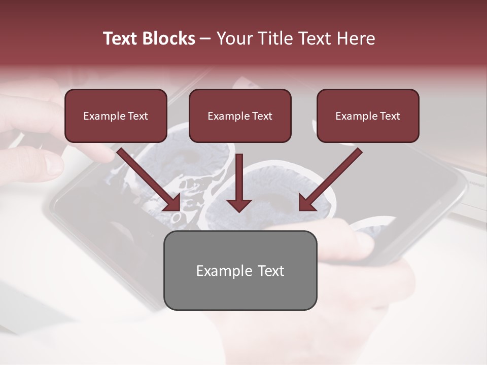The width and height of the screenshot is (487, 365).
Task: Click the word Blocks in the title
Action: tap(168, 39)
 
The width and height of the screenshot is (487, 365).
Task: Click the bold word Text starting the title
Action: tap(121, 39)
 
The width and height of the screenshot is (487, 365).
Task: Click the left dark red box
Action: tap(116, 116)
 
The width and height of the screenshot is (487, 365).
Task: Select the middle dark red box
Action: tap(240, 116)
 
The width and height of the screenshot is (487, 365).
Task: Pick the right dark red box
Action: tap(368, 116)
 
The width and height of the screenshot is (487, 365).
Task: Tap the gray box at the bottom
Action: tap(240, 270)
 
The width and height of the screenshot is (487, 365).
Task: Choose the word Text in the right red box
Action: tap(389, 116)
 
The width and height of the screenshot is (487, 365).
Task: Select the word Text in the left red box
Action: tap(137, 116)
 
